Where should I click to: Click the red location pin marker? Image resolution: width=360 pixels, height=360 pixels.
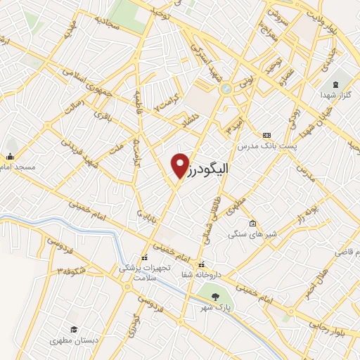pos(181,165)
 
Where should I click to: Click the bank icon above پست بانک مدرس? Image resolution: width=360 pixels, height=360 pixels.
pos(266,134)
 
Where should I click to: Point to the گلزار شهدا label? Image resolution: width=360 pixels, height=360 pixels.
pos(335,94)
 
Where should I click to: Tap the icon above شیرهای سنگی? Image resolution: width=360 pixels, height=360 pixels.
pos(252,224)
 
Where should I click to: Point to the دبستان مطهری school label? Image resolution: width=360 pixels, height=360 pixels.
pos(72,340)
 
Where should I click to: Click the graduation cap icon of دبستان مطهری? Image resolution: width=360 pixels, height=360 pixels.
pos(73,329)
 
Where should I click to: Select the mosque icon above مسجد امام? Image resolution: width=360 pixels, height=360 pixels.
pos(11,156)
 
